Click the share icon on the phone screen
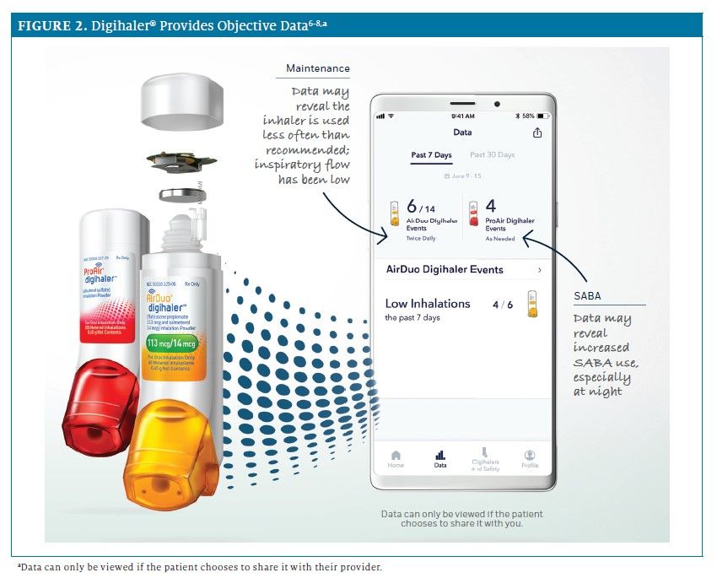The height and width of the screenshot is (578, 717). pos(537,132)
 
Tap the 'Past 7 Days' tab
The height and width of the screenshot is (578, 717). pos(431,155)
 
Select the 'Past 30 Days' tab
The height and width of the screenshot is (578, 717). pos(492,155)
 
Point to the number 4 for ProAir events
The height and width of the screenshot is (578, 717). pos(491,206)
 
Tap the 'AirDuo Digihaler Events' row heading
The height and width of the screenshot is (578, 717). pos(445,270)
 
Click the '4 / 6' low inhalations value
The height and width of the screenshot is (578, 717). pos(503,305)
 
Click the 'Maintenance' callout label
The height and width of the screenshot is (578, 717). pos(317,68)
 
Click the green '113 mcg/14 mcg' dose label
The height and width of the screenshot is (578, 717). pos(181,343)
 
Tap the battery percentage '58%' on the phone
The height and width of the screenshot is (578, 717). pos(528,116)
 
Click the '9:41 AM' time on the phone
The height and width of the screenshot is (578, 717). pos(462,116)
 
